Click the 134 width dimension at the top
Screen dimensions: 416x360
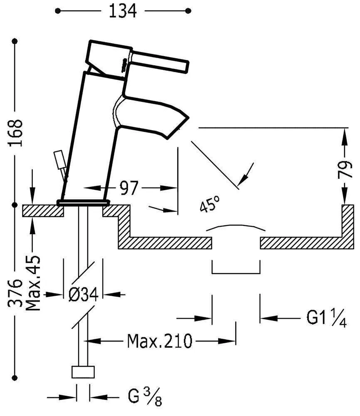tap(123, 11)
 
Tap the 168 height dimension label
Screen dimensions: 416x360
tap(15, 133)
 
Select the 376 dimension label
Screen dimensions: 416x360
tap(15, 293)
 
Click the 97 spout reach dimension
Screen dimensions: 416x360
tap(128, 188)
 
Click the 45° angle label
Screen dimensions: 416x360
tap(210, 205)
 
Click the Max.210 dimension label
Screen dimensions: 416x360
tap(160, 342)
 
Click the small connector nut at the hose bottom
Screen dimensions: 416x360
tap(84, 372)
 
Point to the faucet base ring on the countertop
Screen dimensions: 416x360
tap(83, 203)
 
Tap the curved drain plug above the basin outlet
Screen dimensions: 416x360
tap(236, 228)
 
